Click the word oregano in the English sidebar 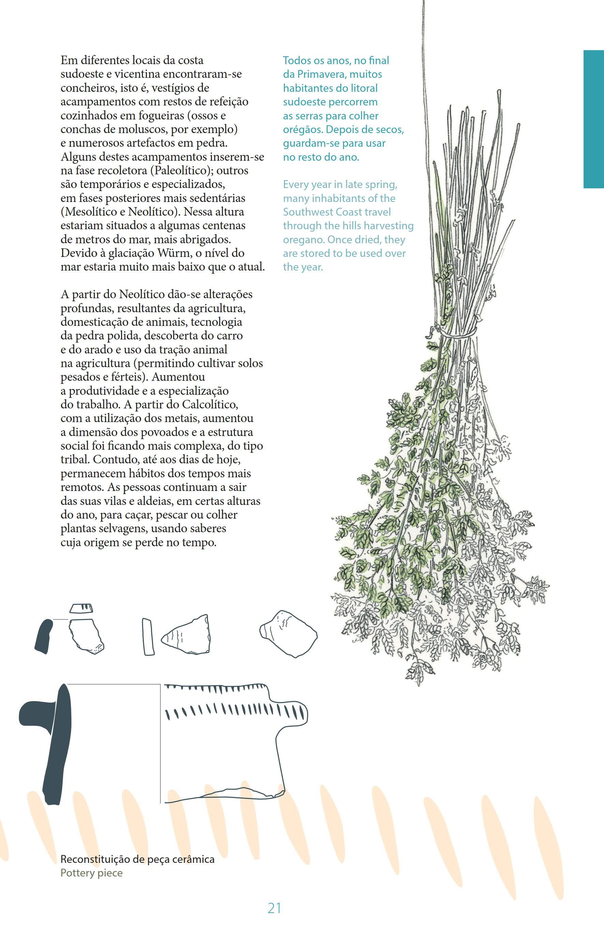302,240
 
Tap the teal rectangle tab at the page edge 593,119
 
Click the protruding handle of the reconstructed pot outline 294,713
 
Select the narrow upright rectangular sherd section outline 148,636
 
